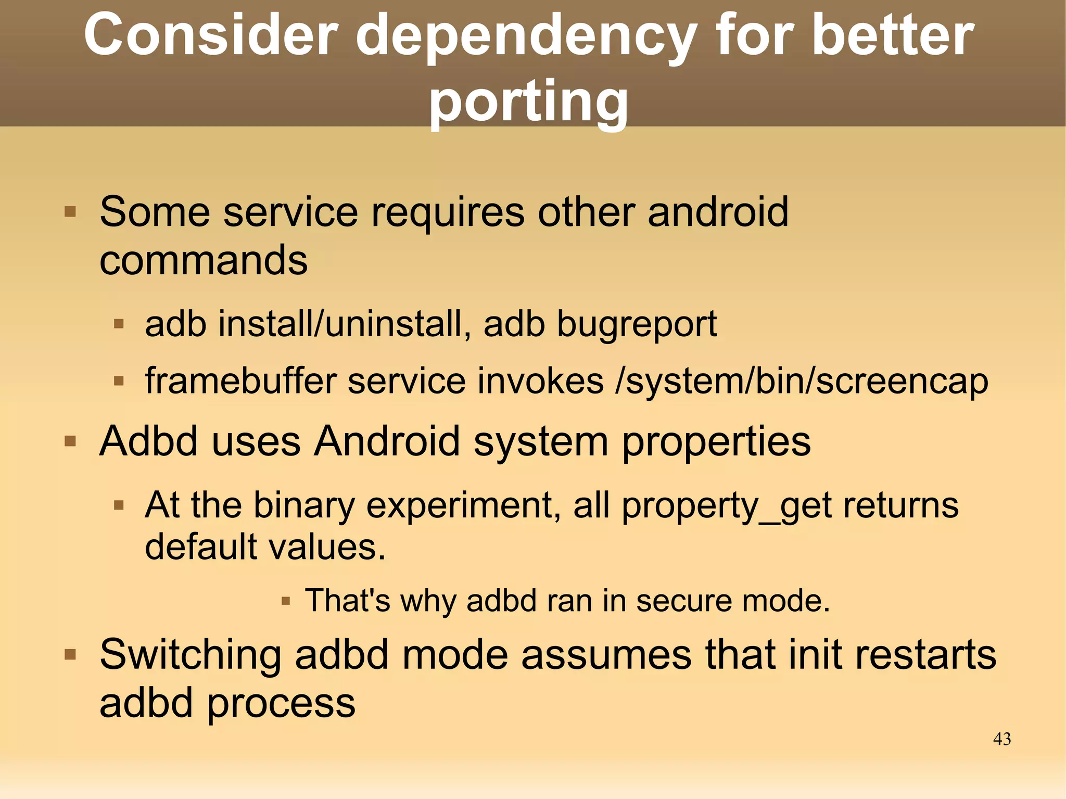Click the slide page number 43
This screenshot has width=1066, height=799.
pyautogui.click(x=1001, y=739)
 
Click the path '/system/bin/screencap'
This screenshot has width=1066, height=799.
pyautogui.click(x=802, y=382)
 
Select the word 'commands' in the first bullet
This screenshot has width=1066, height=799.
pyautogui.click(x=204, y=260)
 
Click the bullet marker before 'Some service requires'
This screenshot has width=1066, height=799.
pyautogui.click(x=70, y=212)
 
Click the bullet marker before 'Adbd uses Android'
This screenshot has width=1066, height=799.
pyautogui.click(x=70, y=442)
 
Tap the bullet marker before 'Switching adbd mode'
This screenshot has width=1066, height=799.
pyautogui.click(x=70, y=654)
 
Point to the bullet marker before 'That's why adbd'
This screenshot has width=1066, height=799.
pyautogui.click(x=285, y=602)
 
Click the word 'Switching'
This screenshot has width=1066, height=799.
pyautogui.click(x=191, y=655)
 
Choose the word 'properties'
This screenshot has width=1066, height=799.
pyautogui.click(x=716, y=442)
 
